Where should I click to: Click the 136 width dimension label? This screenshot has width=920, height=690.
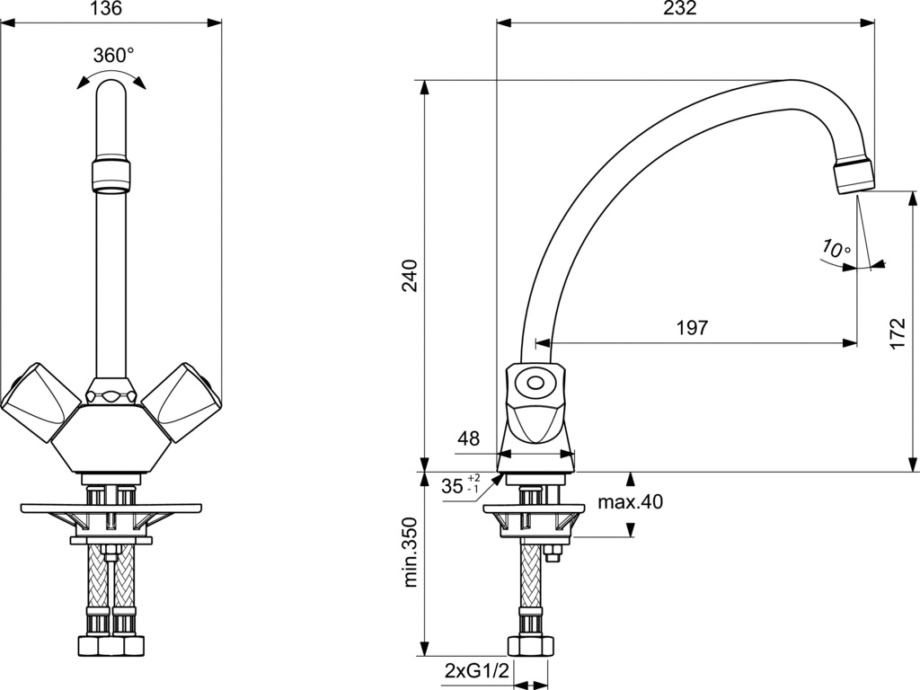click(x=108, y=9)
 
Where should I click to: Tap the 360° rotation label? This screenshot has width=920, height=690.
click(x=114, y=56)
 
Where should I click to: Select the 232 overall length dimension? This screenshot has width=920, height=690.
click(x=682, y=8)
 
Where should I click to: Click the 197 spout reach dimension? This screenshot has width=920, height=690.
click(x=693, y=327)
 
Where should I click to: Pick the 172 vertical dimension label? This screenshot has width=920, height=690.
click(x=898, y=334)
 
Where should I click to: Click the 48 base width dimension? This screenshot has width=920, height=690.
click(x=468, y=438)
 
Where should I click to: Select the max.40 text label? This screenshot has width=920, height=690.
click(x=630, y=502)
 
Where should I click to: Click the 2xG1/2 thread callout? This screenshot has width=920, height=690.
click(x=476, y=670)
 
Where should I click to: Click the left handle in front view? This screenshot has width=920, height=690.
click(x=40, y=400)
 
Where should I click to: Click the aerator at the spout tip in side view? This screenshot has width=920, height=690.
click(x=854, y=174)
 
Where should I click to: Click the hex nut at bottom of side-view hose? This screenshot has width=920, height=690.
click(x=530, y=646)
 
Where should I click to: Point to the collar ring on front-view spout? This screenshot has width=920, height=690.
click(x=111, y=174)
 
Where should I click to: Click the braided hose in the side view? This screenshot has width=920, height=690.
click(x=530, y=575)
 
